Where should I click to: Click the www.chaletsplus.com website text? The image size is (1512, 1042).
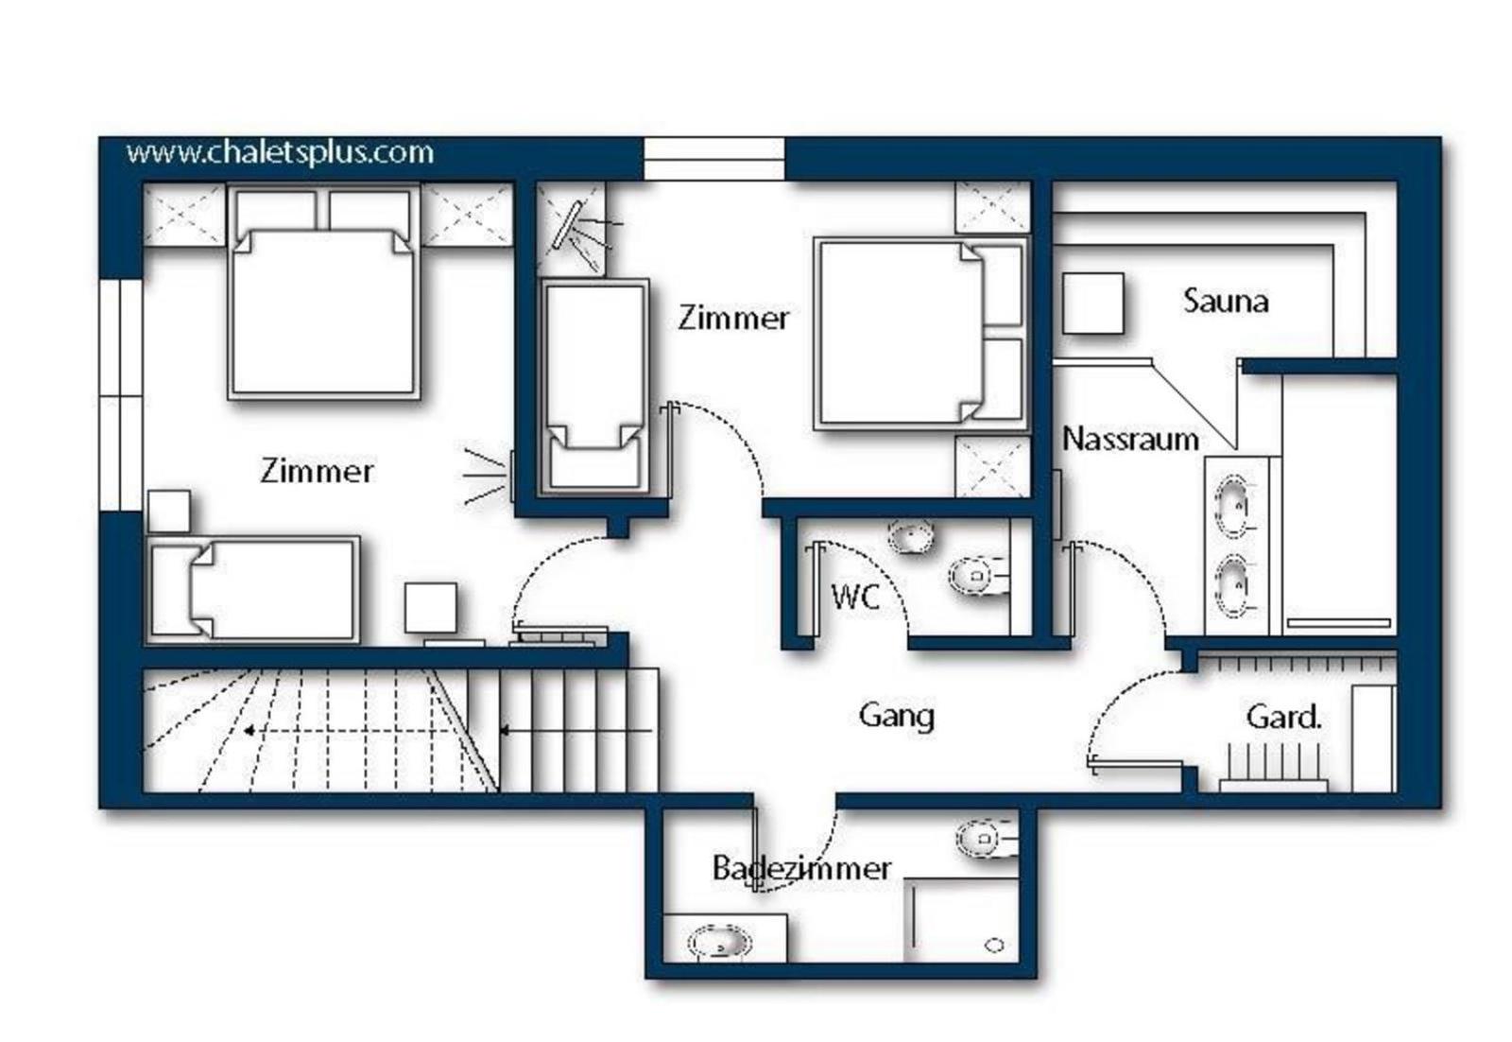(x=280, y=153)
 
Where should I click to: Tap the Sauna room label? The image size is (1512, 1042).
(x=1225, y=302)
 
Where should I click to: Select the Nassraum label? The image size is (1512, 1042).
(x=1130, y=440)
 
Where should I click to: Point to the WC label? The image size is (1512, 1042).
(x=855, y=597)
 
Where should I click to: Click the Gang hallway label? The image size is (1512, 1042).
(x=897, y=717)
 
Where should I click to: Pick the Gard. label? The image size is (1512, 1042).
(x=1283, y=717)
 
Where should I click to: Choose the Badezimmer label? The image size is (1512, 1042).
(x=801, y=868)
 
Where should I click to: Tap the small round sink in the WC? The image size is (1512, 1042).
(x=911, y=537)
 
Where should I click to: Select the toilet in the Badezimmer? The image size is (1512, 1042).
(x=986, y=840)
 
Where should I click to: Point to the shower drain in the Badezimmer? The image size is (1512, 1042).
(x=994, y=946)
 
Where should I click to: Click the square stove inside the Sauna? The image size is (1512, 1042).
(x=1092, y=304)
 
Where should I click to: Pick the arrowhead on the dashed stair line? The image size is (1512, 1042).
(x=249, y=731)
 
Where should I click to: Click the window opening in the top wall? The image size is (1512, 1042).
(x=714, y=160)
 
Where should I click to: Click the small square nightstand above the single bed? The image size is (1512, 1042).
(x=169, y=512)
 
